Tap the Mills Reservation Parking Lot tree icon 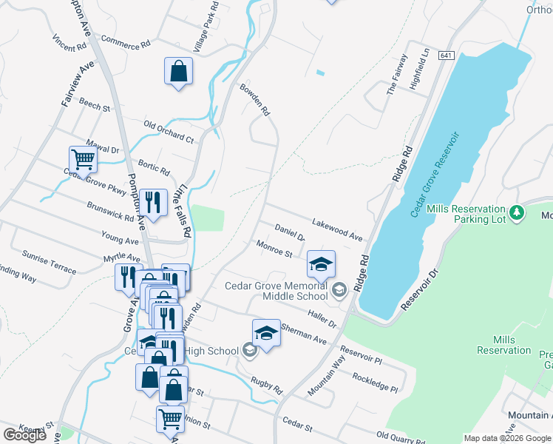coord(518,213)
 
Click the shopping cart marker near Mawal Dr coord(83,158)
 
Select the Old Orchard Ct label coord(168,132)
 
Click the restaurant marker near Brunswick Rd coord(153,202)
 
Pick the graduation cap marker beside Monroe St coord(322,263)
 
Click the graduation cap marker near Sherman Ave coord(266,332)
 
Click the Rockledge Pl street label coord(375,382)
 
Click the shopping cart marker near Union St coord(170,419)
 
